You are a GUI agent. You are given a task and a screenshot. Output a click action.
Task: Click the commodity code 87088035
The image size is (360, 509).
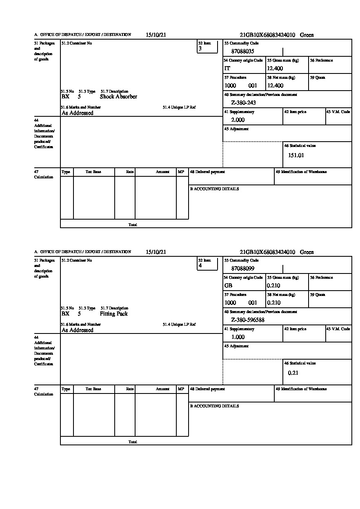[242, 51]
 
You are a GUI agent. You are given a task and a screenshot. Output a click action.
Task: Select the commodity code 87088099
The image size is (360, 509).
[242, 269]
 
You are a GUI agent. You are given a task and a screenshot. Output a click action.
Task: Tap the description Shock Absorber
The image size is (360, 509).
[118, 97]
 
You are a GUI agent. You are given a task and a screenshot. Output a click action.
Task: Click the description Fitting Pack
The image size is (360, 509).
[113, 314]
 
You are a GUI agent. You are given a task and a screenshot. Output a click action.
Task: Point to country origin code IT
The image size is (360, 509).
[227, 69]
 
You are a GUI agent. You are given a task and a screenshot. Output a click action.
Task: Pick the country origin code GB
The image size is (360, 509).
[228, 286]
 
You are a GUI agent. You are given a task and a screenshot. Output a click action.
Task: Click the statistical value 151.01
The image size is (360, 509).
[296, 155]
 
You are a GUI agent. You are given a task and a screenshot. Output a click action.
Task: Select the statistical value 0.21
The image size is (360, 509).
[293, 373]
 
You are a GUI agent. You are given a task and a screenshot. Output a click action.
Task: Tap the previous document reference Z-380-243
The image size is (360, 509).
[243, 103]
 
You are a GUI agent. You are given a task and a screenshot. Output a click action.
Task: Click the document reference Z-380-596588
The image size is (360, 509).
[248, 320]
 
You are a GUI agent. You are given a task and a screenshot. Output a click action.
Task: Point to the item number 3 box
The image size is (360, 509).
[207, 47]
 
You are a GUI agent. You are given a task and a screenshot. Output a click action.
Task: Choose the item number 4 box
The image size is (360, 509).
[207, 264]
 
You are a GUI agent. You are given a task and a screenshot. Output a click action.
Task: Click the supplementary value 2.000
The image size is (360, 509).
[238, 120]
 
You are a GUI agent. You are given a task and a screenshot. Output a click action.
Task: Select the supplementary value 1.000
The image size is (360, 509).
[238, 337]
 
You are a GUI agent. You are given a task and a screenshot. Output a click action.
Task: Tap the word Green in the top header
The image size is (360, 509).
[307, 35]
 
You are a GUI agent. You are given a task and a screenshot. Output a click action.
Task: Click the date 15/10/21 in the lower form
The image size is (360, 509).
[156, 252]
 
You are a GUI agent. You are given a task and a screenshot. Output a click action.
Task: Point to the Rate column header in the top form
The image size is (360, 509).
[130, 172]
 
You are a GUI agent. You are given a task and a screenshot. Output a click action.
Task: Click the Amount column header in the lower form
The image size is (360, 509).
[162, 389]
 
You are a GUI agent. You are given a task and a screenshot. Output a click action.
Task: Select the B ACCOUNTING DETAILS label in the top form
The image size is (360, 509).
[214, 189]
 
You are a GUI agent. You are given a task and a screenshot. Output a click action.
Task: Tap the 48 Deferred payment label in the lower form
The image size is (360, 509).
[207, 389]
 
